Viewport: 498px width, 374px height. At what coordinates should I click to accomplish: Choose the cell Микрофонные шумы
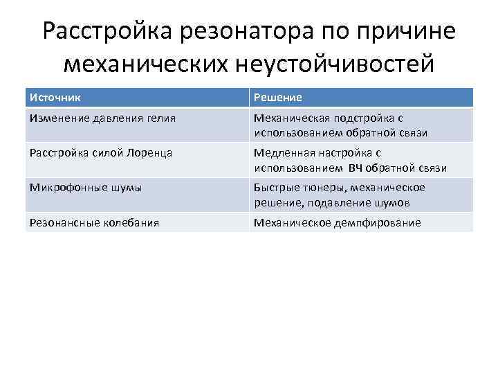[x=85, y=188]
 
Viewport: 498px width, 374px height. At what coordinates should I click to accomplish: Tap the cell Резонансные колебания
[x=94, y=222]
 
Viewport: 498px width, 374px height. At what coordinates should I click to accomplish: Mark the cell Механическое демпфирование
[x=337, y=222]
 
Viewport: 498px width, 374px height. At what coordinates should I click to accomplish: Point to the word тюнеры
[x=317, y=188]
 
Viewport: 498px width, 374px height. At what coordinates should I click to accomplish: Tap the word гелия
[x=160, y=118]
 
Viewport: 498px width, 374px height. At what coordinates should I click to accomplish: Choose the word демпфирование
[x=378, y=222]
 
